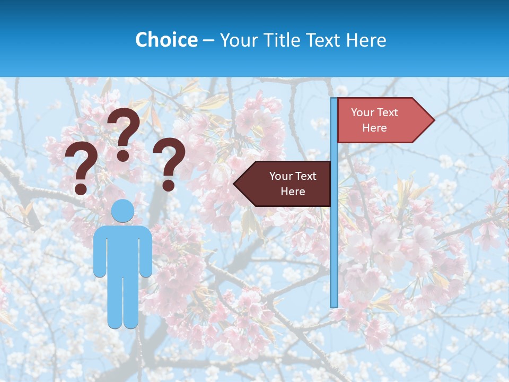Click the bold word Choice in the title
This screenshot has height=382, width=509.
[166, 40]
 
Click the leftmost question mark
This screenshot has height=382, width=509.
[81, 167]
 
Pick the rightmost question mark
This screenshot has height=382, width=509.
[169, 163]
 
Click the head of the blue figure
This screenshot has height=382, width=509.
[122, 211]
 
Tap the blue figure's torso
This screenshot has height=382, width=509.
[122, 249]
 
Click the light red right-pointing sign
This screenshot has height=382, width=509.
[382, 120]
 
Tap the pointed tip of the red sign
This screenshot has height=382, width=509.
[432, 120]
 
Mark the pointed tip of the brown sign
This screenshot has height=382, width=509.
[236, 184]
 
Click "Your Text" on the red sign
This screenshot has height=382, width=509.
[374, 112]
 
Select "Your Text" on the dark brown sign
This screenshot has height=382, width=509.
[293, 176]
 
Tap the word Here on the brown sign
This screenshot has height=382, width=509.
[293, 192]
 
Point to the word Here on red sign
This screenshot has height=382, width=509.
[374, 128]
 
